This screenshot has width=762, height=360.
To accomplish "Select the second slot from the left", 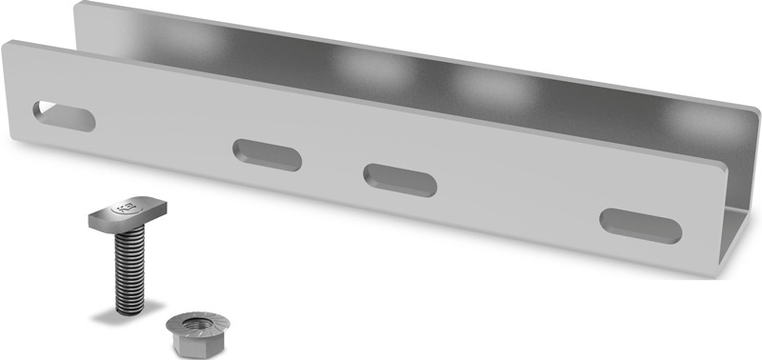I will click(268, 154).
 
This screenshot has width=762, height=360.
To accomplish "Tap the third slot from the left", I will click(400, 179).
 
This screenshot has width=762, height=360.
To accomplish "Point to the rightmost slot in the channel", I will click(640, 225).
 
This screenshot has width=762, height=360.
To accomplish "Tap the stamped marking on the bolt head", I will click(122, 204).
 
